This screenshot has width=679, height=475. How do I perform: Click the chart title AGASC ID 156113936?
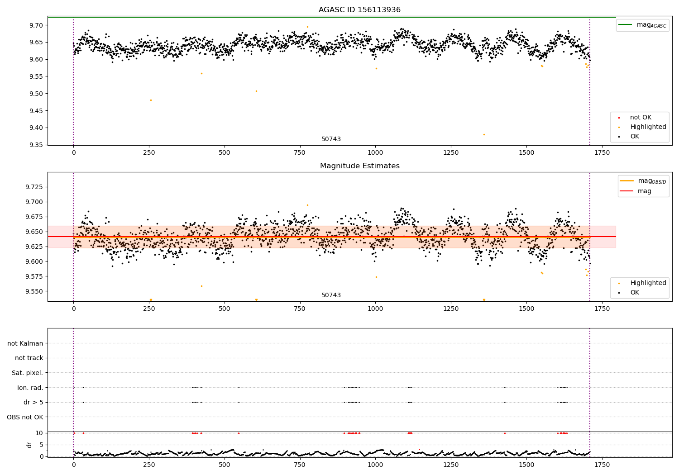(x=359, y=10)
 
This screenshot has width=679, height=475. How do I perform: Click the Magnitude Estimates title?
(x=359, y=166)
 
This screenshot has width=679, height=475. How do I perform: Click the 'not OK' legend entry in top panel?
(x=640, y=118)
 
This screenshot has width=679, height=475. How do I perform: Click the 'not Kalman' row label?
(x=25, y=343)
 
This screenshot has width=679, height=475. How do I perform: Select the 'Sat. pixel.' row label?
(x=27, y=373)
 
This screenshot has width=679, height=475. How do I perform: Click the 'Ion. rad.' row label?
(x=30, y=388)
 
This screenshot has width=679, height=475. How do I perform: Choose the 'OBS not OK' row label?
(x=25, y=417)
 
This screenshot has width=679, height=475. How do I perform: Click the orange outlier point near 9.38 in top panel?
(x=484, y=134)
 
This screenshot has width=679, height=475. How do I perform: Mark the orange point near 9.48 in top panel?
(x=151, y=100)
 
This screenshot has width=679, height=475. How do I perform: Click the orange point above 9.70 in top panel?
(x=307, y=27)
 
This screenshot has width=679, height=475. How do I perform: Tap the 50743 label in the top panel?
(x=331, y=139)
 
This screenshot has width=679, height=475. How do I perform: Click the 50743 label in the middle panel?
(x=331, y=295)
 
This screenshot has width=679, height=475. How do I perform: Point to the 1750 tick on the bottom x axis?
(x=602, y=465)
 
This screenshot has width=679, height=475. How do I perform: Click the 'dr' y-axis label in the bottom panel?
(x=29, y=445)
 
